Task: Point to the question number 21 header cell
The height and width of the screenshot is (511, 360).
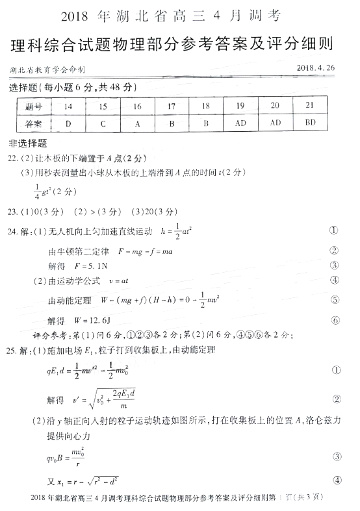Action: click(x=310, y=106)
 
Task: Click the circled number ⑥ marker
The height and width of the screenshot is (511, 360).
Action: click(x=335, y=320)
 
